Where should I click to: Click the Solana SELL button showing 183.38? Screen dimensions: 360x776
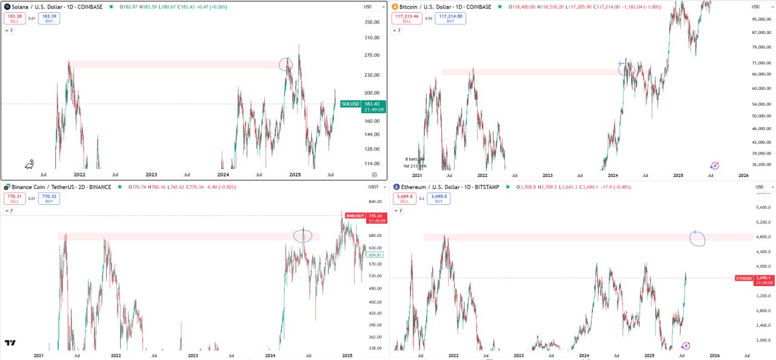click(x=15, y=18)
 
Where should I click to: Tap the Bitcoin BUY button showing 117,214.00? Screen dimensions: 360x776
click(x=450, y=18)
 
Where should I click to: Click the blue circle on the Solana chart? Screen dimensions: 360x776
click(x=286, y=64)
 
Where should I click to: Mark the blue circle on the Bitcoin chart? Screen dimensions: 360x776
click(x=626, y=69)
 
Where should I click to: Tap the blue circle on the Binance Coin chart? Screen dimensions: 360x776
click(x=303, y=236)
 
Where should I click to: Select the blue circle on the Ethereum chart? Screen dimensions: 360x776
click(x=697, y=239)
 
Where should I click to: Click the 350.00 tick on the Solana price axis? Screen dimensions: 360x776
click(x=372, y=22)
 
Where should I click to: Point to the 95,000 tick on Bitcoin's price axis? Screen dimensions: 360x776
click(x=760, y=19)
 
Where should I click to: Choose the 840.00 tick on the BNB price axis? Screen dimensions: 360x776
click(x=375, y=202)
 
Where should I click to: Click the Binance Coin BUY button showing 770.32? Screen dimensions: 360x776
click(x=48, y=198)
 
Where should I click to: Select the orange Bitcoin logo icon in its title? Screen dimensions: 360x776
click(x=395, y=7)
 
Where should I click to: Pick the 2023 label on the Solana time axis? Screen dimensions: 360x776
click(x=151, y=175)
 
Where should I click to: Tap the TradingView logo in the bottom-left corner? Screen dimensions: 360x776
click(x=10, y=343)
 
